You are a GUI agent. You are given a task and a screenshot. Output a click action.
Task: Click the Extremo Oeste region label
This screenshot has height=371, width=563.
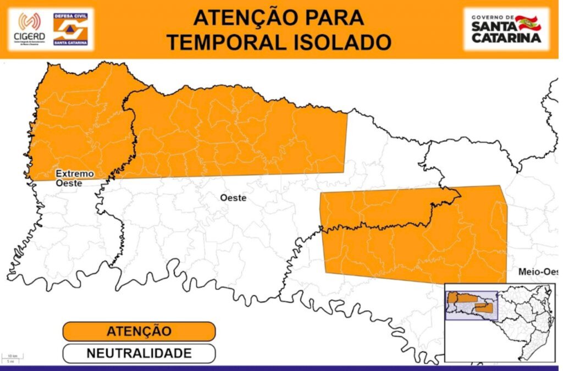74,179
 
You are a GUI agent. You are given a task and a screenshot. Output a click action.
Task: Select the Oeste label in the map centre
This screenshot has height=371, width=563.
233,197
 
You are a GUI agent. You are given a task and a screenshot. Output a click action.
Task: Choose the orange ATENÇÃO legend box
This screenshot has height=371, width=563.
139,331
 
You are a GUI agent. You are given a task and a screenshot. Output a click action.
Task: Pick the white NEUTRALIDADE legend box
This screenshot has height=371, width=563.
139,353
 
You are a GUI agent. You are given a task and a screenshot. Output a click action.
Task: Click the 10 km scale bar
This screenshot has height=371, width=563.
12,358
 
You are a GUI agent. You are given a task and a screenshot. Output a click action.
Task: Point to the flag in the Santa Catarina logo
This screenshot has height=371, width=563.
528,23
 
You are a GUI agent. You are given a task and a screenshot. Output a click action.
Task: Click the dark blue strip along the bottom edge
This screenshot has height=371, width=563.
281,368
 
